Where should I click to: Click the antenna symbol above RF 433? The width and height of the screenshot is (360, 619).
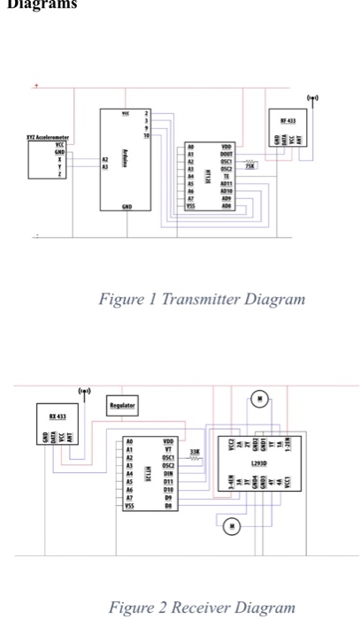pyautogui.click(x=312, y=97)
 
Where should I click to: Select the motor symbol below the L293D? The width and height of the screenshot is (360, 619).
pyautogui.click(x=233, y=525)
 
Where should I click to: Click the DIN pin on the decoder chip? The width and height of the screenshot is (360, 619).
pyautogui.click(x=168, y=473)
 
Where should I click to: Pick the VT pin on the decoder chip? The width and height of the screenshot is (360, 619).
pyautogui.click(x=168, y=449)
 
